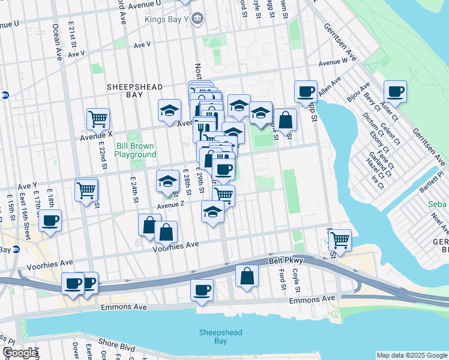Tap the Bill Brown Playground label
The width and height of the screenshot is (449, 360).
point(135,150)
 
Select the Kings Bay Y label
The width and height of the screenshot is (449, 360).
point(167,19)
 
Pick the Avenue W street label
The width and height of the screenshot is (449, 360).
point(334,62)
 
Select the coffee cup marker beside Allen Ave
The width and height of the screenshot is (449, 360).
point(306,92)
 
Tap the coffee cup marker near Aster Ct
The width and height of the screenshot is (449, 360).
point(395,92)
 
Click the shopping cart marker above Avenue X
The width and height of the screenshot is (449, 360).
point(97,119)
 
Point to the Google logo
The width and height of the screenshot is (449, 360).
point(19,353)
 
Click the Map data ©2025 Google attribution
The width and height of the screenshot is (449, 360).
point(411,355)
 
